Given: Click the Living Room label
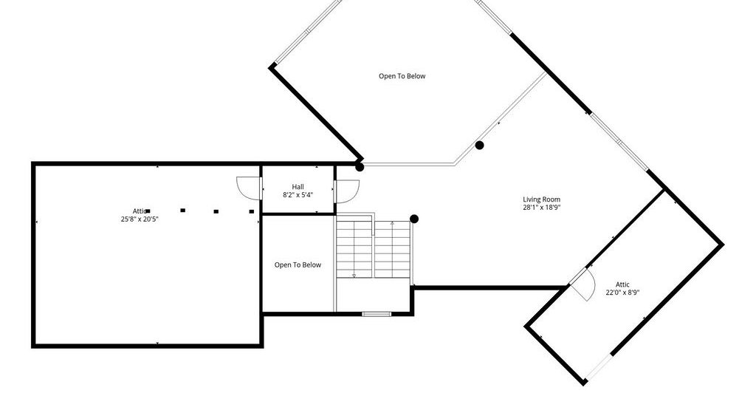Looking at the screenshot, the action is coord(541,199).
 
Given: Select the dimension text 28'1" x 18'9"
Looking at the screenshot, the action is coord(541,208).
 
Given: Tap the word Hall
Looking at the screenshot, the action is coord(298,187).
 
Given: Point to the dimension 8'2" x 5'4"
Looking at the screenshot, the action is coord(298,195).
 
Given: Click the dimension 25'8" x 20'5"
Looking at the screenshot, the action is coord(140,219).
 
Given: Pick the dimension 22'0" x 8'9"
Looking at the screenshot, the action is coord(622,293).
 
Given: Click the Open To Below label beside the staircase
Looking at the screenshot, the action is coord(298,264).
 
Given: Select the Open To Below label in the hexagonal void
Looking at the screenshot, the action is coord(402,75).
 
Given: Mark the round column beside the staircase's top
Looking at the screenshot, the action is coord(413,219).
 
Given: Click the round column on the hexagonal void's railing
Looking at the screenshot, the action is coord(479,146).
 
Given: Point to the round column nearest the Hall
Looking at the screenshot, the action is coord(360,167).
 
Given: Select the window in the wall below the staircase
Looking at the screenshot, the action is coord(377,314).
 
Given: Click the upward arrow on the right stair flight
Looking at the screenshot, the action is coord(393,223).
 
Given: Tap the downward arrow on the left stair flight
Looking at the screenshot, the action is coord(354,276).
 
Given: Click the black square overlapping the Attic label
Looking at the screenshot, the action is coord(148,211).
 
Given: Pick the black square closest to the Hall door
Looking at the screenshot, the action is coord(251,211).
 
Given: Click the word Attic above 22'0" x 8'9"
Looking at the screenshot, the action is coord(622,284).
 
